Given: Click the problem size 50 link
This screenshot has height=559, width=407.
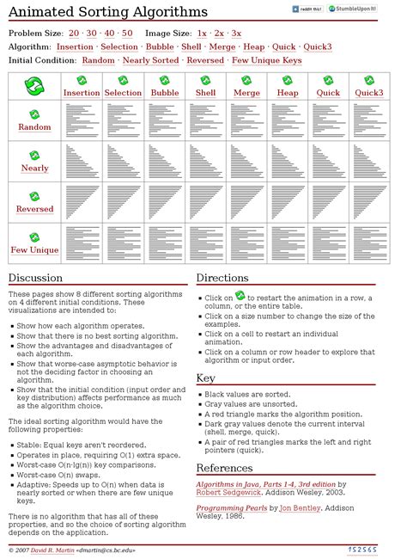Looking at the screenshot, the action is pyautogui.click(x=127, y=33).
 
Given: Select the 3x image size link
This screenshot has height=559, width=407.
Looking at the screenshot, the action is pyautogui.click(x=235, y=33).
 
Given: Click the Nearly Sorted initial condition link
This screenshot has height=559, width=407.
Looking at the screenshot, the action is pyautogui.click(x=151, y=61).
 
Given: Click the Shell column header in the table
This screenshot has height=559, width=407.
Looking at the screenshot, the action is pyautogui.click(x=206, y=92).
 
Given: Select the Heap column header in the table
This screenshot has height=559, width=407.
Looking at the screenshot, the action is pyautogui.click(x=288, y=92).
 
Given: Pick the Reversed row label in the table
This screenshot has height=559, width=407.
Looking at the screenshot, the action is pyautogui.click(x=35, y=209).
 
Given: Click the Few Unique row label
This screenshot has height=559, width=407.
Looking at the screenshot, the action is pyautogui.click(x=35, y=250).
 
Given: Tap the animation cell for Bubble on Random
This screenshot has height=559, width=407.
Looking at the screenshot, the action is pyautogui.click(x=165, y=120).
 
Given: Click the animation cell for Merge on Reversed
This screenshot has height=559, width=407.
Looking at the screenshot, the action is pyautogui.click(x=246, y=202).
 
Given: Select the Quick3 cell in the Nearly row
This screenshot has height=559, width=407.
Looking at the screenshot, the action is pyautogui.click(x=369, y=161).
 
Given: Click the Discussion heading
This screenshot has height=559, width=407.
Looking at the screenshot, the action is pyautogui.click(x=36, y=278).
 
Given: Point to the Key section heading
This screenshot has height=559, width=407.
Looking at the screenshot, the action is pyautogui.click(x=206, y=378).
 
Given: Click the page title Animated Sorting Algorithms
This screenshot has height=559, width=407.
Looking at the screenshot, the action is pyautogui.click(x=108, y=12).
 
